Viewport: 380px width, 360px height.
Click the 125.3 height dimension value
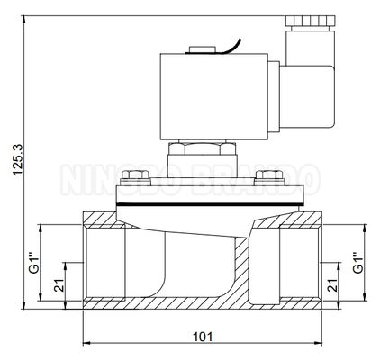[11, 166]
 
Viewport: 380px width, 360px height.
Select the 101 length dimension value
[202, 337]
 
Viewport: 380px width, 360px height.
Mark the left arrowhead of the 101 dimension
[85, 345]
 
